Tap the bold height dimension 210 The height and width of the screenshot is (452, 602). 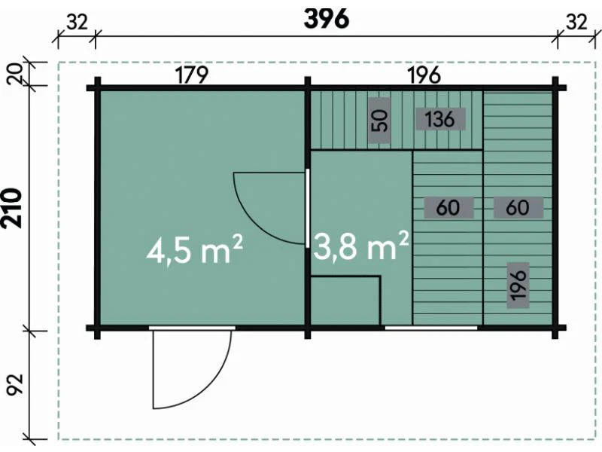click(12, 208)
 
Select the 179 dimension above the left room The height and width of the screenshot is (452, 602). click(192, 75)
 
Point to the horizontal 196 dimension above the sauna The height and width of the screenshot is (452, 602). click(424, 75)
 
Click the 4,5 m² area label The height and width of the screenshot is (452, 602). click(195, 250)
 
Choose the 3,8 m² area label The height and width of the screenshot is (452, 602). click(361, 246)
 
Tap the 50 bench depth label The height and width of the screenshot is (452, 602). click(379, 121)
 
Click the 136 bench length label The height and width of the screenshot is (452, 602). click(440, 119)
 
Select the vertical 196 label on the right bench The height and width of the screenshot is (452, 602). click(518, 285)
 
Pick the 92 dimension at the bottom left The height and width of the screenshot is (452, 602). click(15, 384)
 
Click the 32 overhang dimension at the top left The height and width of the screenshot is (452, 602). click(78, 23)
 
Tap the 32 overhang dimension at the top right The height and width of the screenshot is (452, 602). click(576, 23)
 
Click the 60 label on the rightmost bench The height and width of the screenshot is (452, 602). click(518, 208)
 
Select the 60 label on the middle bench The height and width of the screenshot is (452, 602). click(448, 208)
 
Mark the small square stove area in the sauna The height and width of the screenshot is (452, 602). click(345, 301)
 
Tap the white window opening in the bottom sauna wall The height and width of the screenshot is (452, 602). click(431, 328)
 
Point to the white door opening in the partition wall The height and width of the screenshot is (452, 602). click(307, 208)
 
